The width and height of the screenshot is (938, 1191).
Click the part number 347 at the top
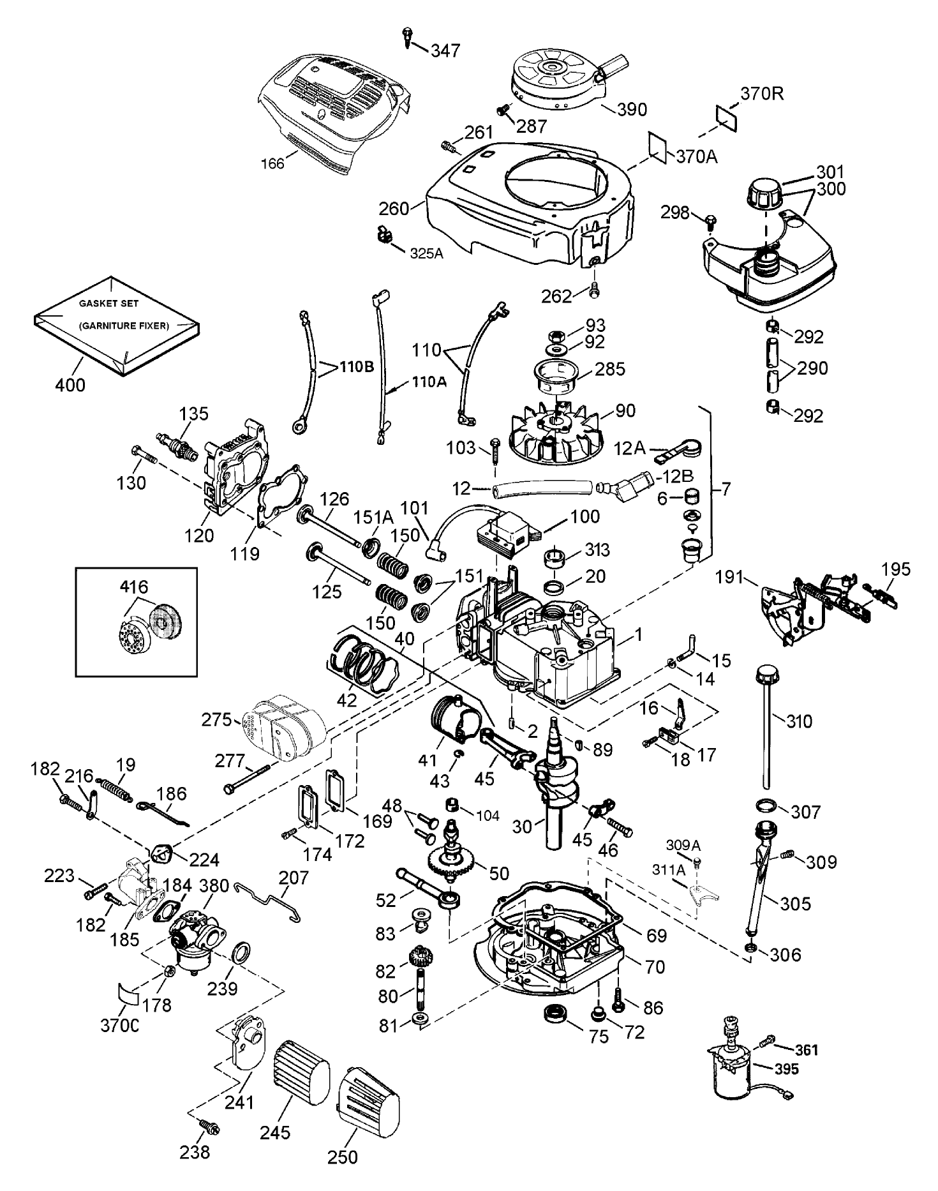click(x=445, y=50)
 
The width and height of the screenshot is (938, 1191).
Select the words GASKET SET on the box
click(x=108, y=304)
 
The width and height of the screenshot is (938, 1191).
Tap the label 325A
click(x=426, y=253)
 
